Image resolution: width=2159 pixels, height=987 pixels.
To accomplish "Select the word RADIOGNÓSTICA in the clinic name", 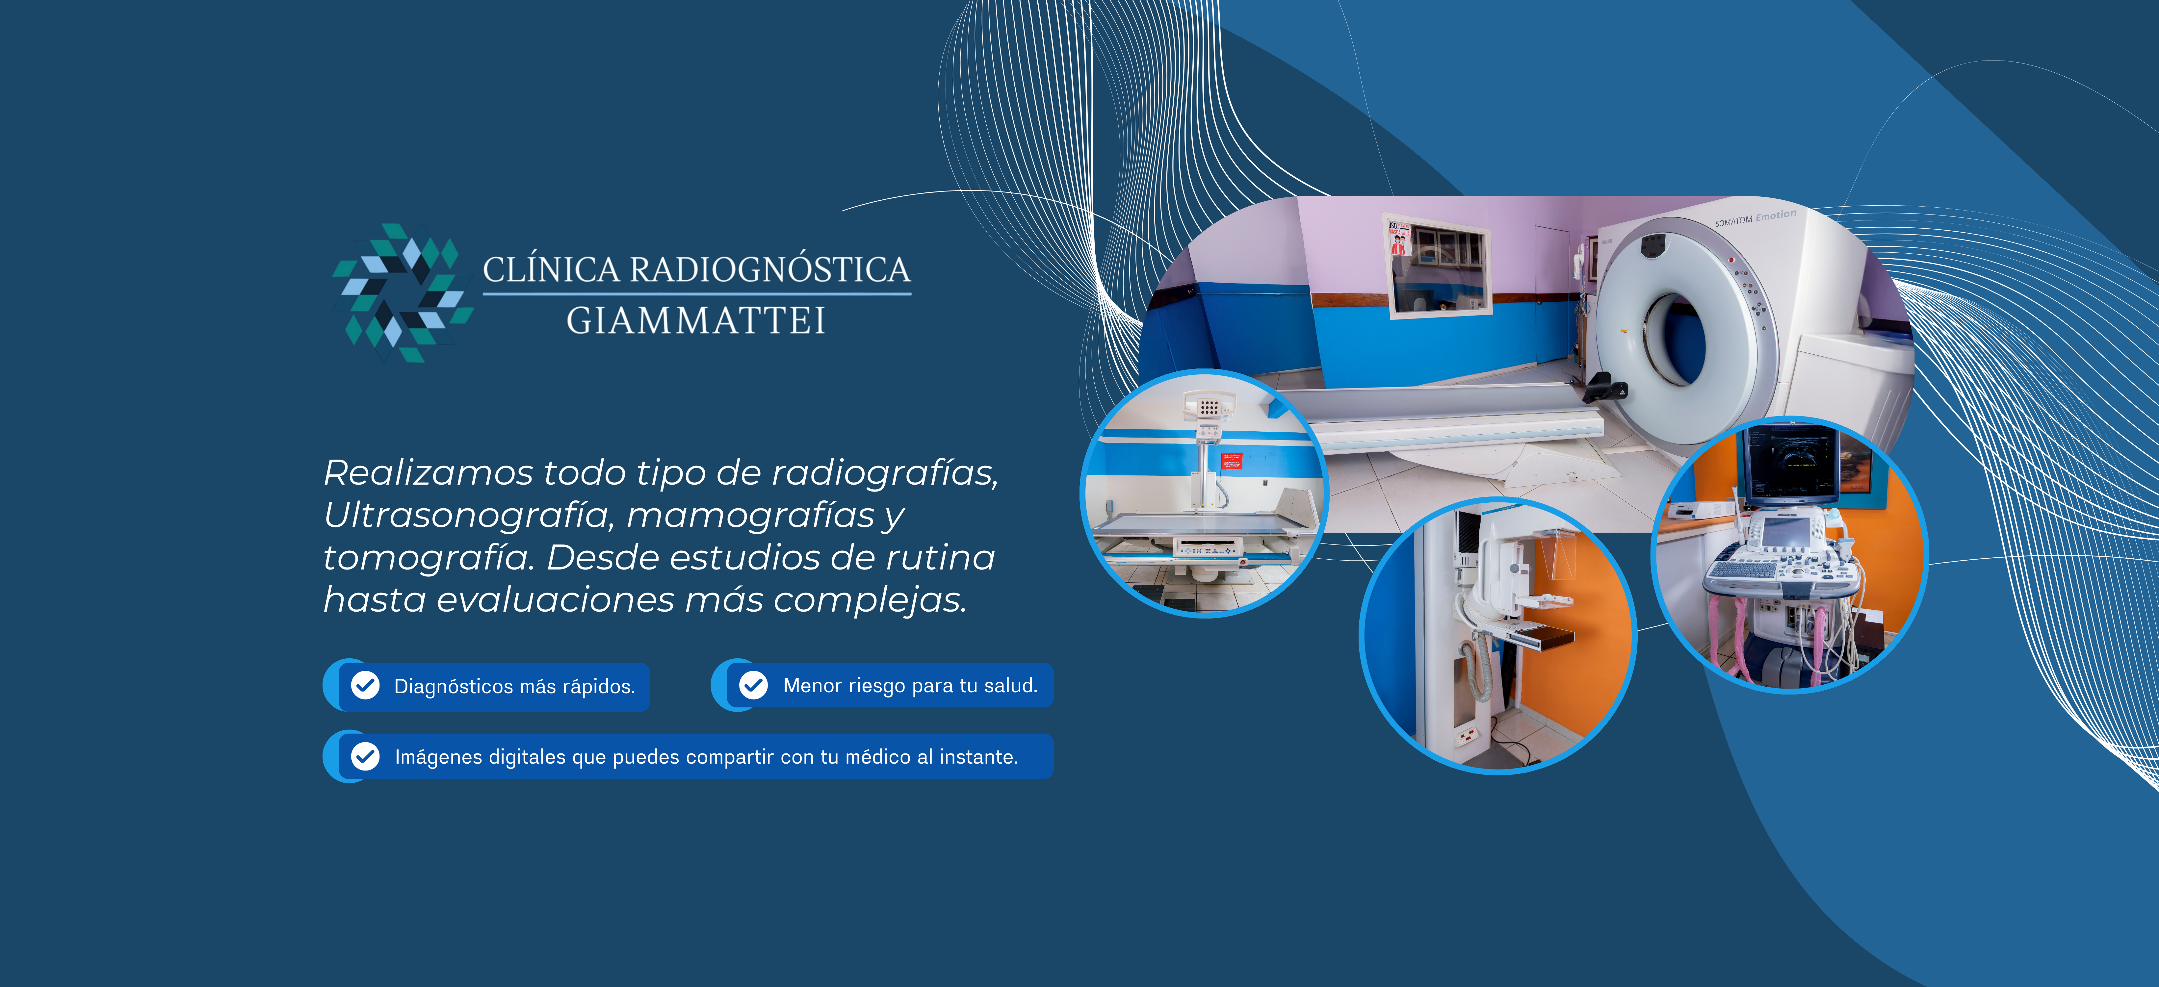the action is coord(769,270).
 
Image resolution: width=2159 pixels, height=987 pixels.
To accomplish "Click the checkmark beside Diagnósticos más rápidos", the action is coord(365,685).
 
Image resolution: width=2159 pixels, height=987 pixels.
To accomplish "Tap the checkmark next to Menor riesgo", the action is coord(753,685).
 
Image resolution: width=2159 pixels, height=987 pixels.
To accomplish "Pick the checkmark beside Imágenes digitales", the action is coord(365,757).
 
